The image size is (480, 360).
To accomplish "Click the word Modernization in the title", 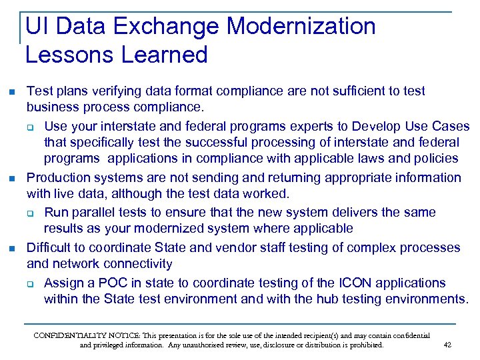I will click(301, 27).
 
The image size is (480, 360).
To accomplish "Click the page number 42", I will click(447, 345).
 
